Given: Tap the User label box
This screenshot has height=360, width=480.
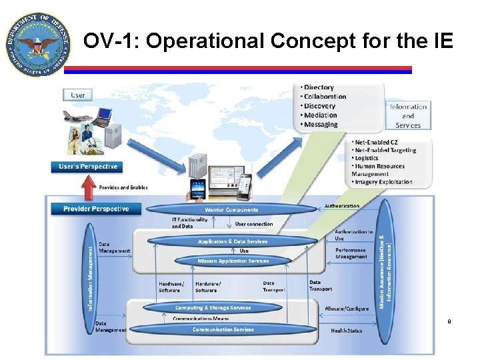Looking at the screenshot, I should (x=78, y=95).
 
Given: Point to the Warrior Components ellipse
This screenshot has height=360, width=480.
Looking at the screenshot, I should (x=231, y=209).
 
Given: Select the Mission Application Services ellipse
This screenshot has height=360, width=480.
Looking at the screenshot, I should (x=233, y=261).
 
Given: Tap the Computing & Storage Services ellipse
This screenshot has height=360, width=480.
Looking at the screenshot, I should (x=213, y=308).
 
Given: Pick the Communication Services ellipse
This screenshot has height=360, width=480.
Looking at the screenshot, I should (x=223, y=329).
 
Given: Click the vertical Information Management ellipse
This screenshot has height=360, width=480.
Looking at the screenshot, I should (x=91, y=267).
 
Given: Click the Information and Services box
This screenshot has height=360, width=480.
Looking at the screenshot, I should (x=408, y=116).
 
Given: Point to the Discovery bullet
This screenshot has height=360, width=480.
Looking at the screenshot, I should (x=319, y=106).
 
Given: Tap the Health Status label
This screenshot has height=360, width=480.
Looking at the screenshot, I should (x=347, y=331).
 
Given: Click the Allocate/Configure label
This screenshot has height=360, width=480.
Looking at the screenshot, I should (x=346, y=309).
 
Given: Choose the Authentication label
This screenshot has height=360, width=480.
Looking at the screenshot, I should (x=342, y=206).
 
